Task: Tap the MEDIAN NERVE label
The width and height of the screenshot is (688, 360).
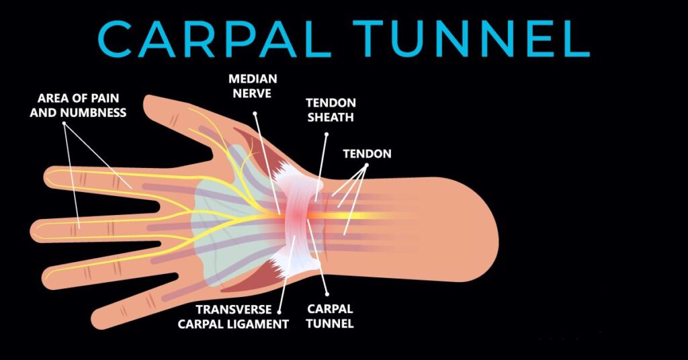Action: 253,87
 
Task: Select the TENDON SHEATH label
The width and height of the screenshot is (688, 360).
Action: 331,110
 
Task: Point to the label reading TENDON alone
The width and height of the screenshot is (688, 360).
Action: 368,154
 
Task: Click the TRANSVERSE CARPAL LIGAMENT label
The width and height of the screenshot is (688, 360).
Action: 233,317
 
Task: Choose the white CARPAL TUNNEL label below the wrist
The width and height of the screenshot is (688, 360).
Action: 329,316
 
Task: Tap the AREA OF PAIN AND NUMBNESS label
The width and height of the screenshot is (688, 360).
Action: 78,105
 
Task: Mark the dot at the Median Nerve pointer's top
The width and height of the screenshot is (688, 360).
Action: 255,113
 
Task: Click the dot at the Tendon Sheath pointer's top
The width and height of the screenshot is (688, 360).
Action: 327,134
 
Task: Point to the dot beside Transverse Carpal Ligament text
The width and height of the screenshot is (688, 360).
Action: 279,312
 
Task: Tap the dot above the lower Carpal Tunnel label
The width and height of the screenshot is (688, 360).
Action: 327,294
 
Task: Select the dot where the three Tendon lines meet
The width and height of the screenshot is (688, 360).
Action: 367,165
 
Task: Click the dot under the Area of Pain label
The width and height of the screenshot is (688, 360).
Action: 64,124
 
